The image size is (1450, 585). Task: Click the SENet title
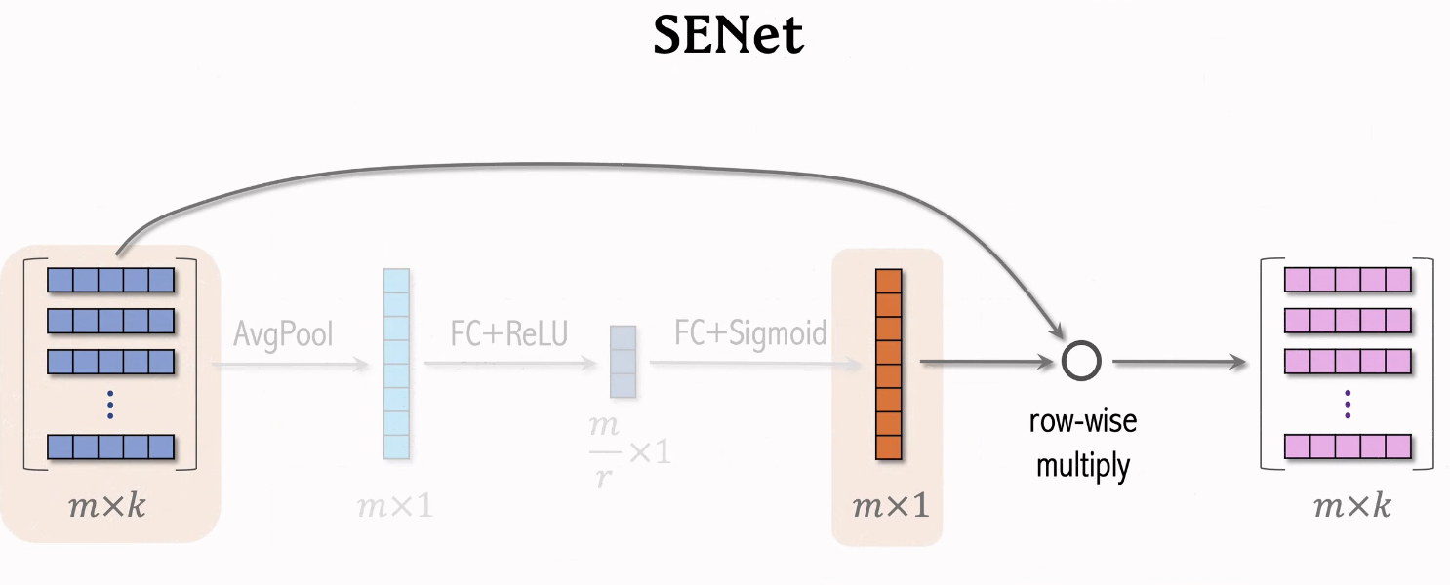tap(728, 37)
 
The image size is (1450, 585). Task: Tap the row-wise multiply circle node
tap(1081, 362)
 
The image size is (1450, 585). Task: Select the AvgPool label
tap(283, 334)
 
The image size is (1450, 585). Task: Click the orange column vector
tap(888, 364)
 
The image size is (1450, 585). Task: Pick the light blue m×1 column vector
tap(397, 364)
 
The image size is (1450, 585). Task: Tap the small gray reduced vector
tap(623, 362)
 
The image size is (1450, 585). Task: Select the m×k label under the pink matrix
tap(1351, 506)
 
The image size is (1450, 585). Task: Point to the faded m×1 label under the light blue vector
tap(395, 506)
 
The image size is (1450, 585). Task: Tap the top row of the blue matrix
tap(110, 281)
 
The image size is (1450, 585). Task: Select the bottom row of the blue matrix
tap(110, 447)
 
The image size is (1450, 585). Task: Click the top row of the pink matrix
tap(1348, 281)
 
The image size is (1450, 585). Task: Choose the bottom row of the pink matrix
tap(1348, 447)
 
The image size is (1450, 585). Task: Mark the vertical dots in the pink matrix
tap(1348, 404)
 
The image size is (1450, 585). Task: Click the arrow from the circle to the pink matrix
tap(1181, 362)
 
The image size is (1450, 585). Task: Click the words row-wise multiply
tap(1083, 444)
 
